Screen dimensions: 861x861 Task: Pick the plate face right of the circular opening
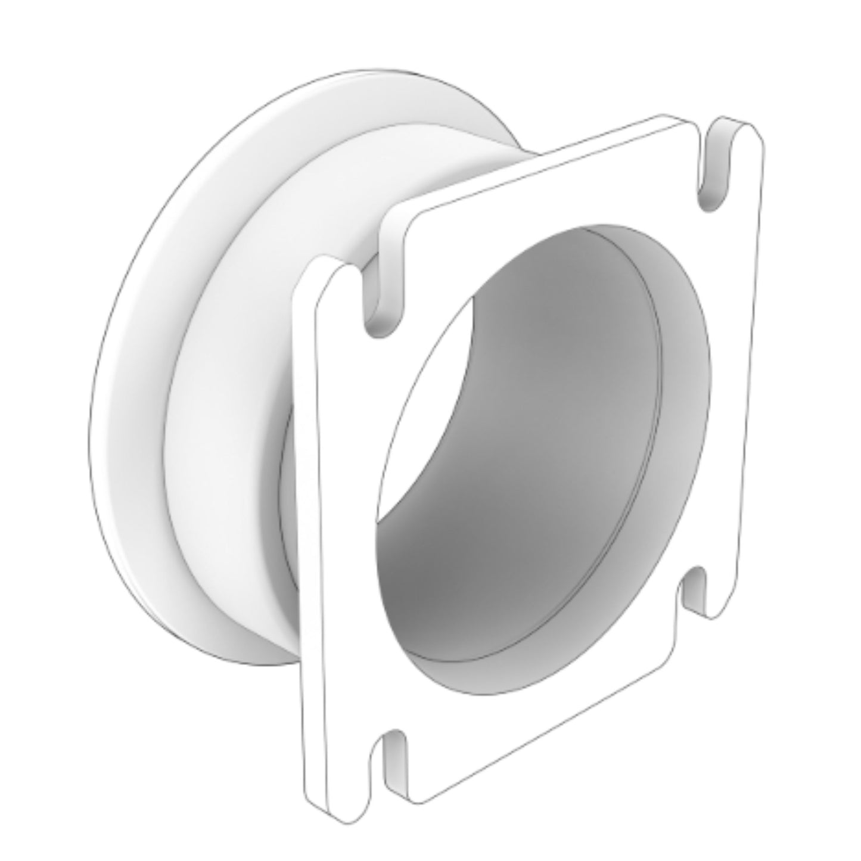pyautogui.click(x=730, y=417)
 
